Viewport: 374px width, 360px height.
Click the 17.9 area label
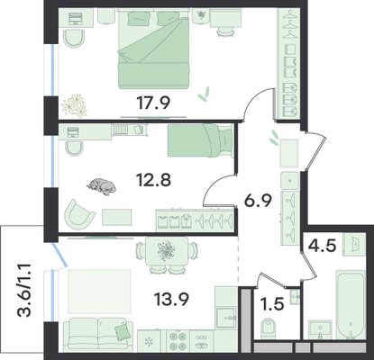(153, 103)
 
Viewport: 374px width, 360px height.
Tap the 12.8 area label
(153, 180)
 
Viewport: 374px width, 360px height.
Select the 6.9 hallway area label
(258, 201)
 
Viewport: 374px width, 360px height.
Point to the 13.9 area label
(171, 299)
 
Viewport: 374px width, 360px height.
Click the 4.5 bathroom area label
(322, 247)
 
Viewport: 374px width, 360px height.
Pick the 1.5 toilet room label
(273, 304)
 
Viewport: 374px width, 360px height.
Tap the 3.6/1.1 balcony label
(24, 291)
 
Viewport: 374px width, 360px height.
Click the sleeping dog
(102, 186)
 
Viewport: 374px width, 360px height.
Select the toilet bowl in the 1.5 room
(268, 328)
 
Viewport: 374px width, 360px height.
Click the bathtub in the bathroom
(351, 304)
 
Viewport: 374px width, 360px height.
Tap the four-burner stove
(178, 341)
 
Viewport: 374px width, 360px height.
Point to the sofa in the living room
(98, 334)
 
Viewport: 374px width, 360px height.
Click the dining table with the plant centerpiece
(167, 251)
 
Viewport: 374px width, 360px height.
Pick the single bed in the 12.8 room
(200, 140)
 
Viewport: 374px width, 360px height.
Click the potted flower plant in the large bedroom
(74, 105)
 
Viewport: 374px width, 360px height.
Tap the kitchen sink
(226, 318)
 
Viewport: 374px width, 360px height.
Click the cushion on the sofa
(122, 330)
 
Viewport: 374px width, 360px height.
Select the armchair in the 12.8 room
(78, 212)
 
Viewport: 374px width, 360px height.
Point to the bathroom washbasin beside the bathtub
(321, 329)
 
